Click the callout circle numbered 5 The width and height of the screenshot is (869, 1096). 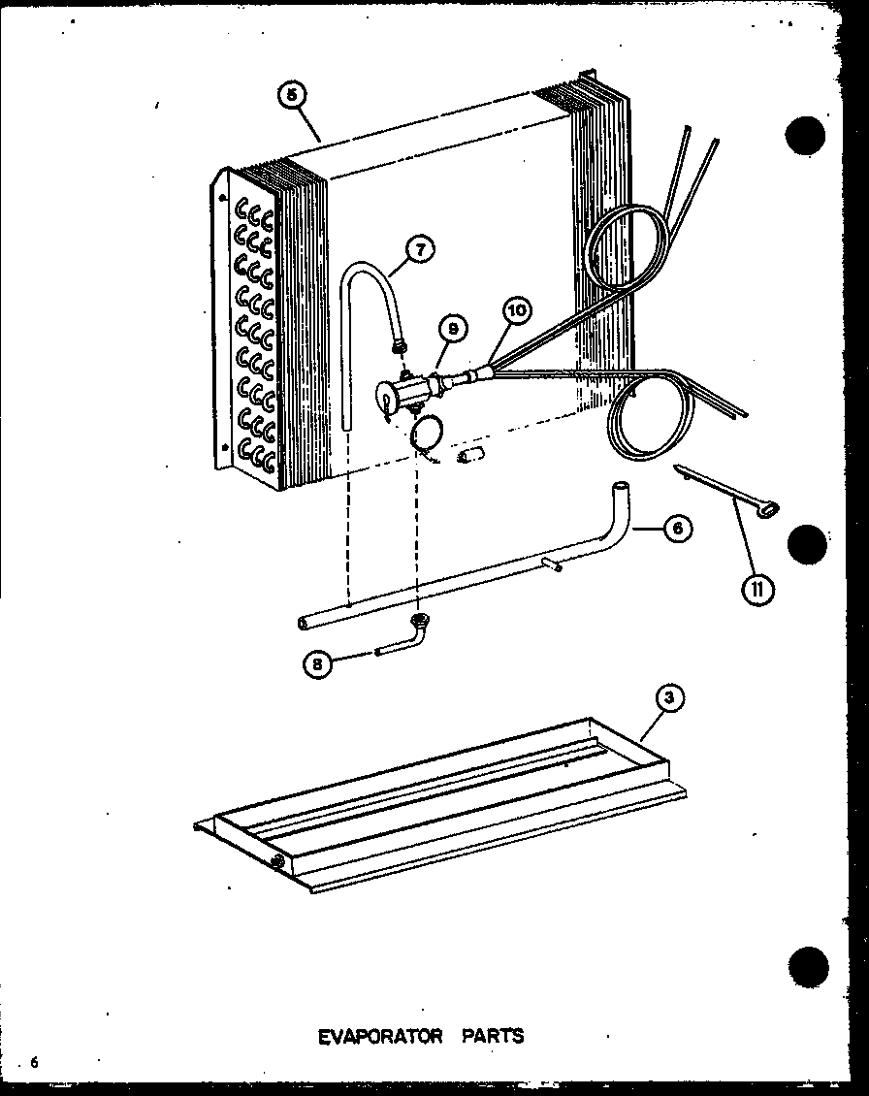tap(292, 97)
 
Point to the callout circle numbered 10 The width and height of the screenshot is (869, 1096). tap(517, 310)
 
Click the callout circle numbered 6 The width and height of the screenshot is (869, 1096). tap(678, 530)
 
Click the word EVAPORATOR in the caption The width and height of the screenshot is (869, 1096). tap(380, 1036)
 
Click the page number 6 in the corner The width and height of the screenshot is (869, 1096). tap(33, 1063)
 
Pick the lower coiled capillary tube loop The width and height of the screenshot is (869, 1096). tap(648, 417)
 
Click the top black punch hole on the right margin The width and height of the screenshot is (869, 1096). tap(805, 136)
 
